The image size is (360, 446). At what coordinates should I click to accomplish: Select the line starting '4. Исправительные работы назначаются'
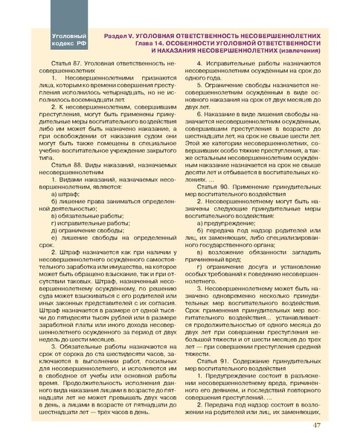[260, 65]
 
